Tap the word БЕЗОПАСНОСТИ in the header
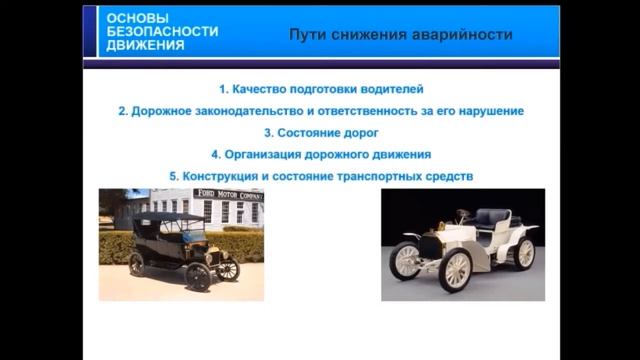(161, 32)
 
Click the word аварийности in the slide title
(462, 34)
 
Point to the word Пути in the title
(307, 34)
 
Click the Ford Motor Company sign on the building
(228, 195)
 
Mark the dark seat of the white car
(492, 219)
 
